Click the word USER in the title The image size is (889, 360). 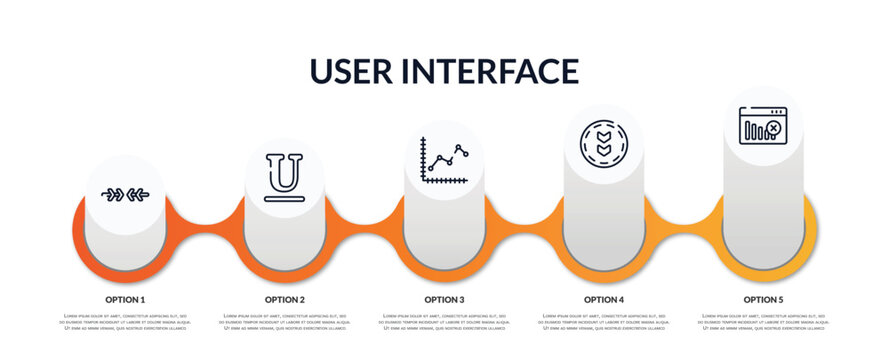[x=353, y=71]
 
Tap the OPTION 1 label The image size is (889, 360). [x=125, y=299]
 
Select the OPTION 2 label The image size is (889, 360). [x=285, y=299]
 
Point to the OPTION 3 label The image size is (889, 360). [x=444, y=299]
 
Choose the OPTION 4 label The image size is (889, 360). [x=604, y=299]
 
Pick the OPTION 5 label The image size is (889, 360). [x=763, y=299]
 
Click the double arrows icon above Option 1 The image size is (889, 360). [x=125, y=194]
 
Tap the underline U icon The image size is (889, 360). [x=285, y=175]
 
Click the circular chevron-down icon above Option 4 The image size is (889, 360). [x=604, y=143]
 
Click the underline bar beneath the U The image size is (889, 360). [x=285, y=199]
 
